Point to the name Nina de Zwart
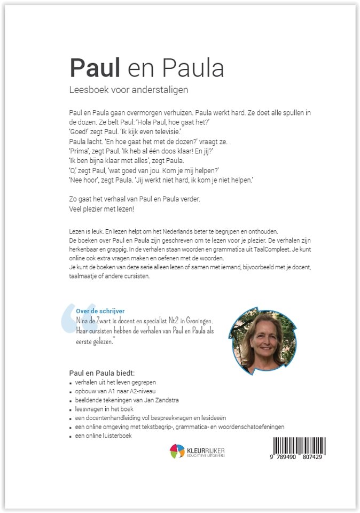(98, 321)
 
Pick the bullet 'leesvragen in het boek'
(101, 409)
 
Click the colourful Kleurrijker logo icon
(177, 451)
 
